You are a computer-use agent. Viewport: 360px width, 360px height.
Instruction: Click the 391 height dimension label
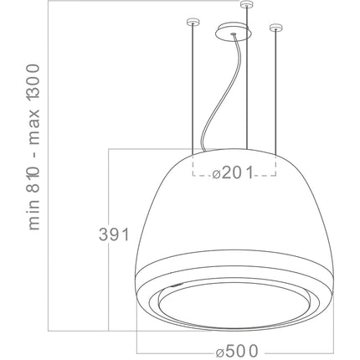pos(114,234)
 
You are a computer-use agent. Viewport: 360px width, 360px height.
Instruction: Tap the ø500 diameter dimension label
pos(237,351)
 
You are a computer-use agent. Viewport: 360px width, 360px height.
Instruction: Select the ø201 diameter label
pos(233,172)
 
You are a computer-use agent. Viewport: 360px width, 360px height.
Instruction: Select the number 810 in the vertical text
pos(33,176)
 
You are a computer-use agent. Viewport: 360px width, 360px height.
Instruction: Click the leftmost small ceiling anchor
pos(193,22)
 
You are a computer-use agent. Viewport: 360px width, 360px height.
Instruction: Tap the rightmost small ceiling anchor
pos(275,28)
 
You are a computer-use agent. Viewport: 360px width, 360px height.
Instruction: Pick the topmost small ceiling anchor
pos(247,4)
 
